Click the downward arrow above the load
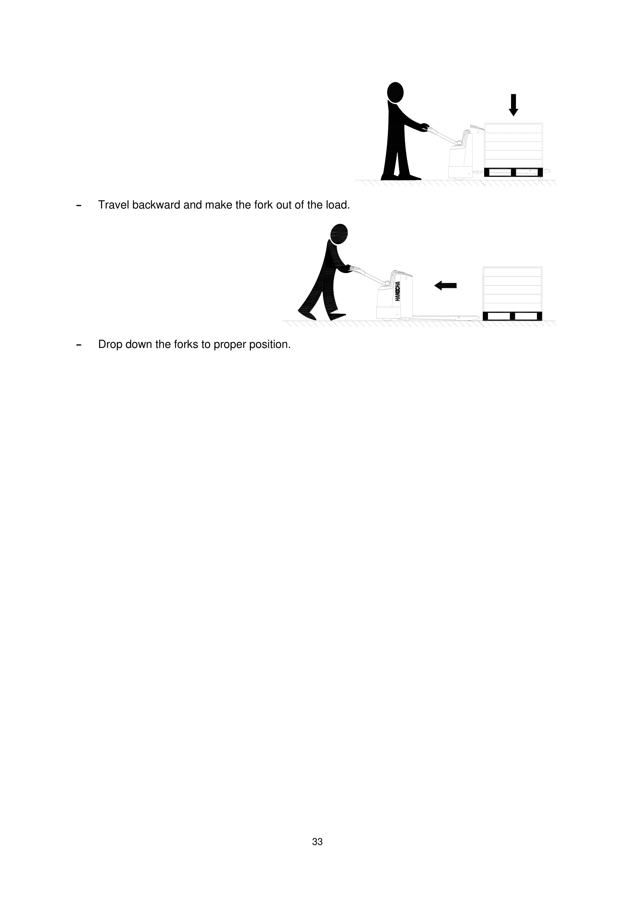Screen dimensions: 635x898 point(513,105)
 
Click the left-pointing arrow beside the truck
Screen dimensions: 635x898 point(445,286)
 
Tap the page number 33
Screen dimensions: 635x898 point(317,842)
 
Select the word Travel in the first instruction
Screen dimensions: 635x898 point(113,205)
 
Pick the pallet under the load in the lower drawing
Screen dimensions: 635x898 point(512,316)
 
